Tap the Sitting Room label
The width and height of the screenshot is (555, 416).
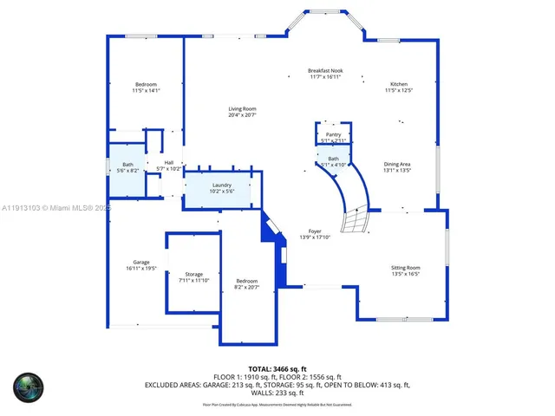coord(405,270)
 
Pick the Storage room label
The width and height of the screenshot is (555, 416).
coord(193,276)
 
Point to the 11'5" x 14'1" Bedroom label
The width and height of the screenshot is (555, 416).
coord(146,87)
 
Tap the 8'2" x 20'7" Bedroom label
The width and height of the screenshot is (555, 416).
coord(247,283)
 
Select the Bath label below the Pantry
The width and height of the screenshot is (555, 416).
coord(333,161)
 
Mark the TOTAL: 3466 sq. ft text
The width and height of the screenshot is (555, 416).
coord(277,368)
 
